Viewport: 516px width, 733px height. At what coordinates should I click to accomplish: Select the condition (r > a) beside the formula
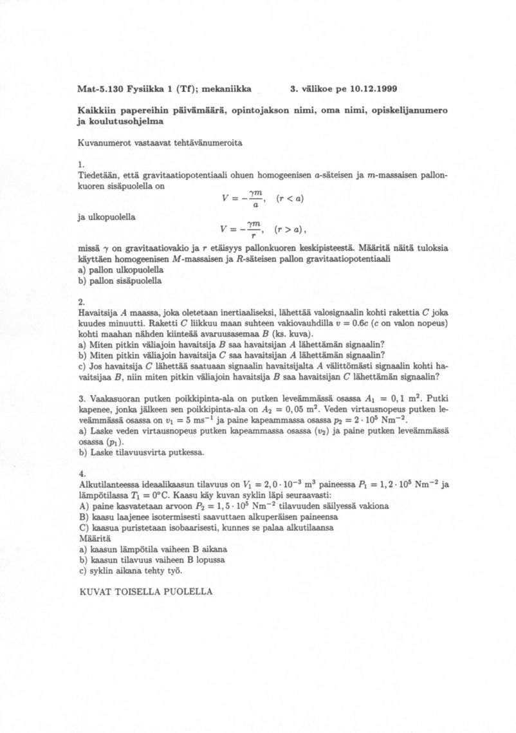(x=287, y=230)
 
